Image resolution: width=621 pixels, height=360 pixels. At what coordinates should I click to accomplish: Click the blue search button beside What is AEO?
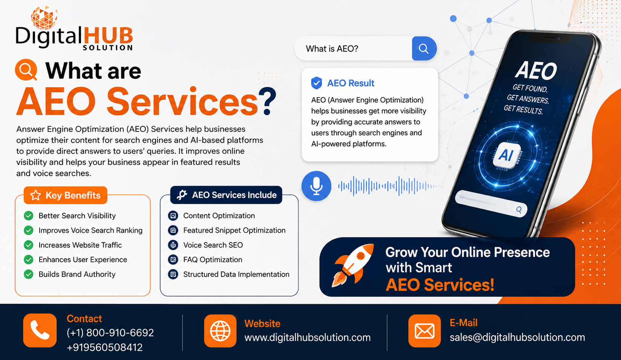pos(424,49)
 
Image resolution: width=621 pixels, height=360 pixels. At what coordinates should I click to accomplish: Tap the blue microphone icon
pos(316,186)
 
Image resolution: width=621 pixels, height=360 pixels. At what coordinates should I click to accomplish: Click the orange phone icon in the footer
pos(40,330)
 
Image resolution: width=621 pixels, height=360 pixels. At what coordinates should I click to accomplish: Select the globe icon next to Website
pos(220,331)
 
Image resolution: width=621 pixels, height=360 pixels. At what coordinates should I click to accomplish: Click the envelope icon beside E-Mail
pos(425,331)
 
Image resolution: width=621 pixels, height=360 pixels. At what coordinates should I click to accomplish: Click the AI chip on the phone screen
pos(506,155)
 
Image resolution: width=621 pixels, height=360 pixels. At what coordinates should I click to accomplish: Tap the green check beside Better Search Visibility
pos(29,216)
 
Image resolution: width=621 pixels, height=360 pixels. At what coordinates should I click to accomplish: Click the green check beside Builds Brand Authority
pos(29,274)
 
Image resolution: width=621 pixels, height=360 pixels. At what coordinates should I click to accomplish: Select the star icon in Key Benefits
pos(35,195)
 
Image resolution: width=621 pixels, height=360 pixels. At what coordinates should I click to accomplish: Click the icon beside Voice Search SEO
pos(173,245)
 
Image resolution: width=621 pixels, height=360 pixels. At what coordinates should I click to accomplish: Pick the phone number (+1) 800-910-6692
pos(110,332)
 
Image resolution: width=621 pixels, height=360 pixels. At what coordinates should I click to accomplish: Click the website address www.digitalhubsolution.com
pos(307,337)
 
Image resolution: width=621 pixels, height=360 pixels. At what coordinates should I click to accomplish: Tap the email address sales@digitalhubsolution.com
pos(517,337)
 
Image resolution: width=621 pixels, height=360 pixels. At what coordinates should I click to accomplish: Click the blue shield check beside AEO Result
pos(316,83)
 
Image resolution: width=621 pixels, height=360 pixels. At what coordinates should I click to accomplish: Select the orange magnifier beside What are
pos(26,70)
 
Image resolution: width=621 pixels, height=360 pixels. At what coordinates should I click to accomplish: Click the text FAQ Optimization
pos(213,260)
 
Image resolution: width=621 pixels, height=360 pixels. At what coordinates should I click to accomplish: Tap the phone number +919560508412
pos(105,347)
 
